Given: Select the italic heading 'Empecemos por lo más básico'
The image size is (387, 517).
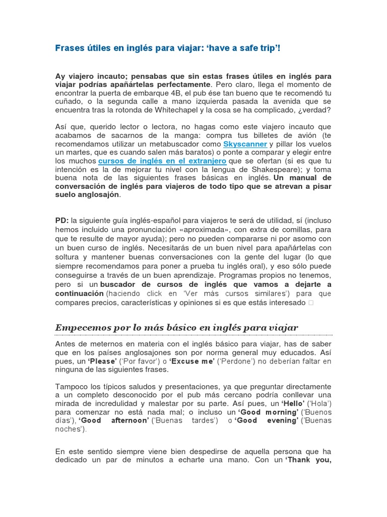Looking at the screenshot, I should click(x=176, y=328).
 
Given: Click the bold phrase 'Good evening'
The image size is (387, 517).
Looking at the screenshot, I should click(x=267, y=421).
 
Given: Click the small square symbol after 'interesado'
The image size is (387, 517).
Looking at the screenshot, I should click(x=310, y=302).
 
